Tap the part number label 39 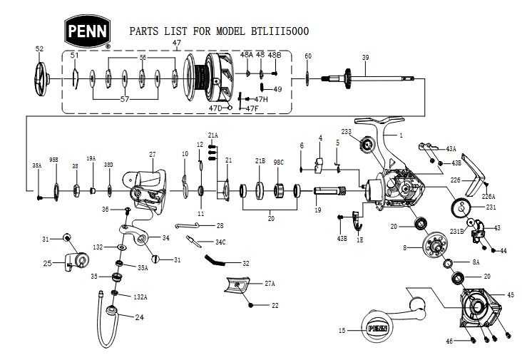tap(365, 58)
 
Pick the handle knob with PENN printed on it tap(382, 328)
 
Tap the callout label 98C tap(278, 163)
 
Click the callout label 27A tap(270, 284)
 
